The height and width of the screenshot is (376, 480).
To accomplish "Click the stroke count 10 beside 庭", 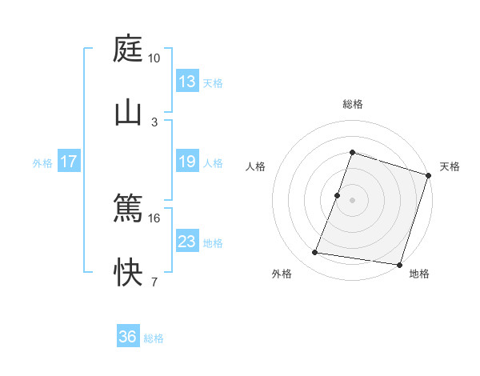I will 154,58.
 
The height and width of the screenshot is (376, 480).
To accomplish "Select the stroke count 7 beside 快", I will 154,282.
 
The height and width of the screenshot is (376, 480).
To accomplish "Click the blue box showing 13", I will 186,82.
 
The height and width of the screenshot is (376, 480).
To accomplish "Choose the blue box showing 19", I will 186,162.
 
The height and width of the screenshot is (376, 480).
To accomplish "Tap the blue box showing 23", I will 186,242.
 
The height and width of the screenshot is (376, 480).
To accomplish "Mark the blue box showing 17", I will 69,162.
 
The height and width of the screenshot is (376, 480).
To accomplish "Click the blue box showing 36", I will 128,337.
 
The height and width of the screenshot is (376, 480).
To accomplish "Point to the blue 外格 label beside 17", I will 42,162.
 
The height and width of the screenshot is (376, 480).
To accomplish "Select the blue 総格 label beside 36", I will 154,338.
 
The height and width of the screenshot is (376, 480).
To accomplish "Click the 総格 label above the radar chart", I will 352,104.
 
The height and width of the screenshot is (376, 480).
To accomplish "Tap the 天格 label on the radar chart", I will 450,166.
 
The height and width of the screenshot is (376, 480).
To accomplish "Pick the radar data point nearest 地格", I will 399,265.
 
